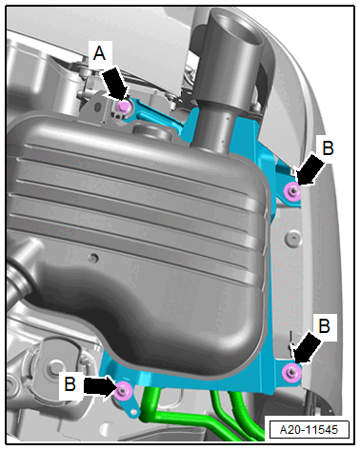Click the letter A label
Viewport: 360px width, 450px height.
click(x=99, y=53)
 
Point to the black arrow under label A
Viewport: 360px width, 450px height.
click(x=115, y=83)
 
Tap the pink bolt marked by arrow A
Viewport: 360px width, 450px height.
click(x=122, y=108)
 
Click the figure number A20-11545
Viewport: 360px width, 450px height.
click(x=309, y=429)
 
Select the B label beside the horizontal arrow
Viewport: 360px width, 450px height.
click(x=70, y=383)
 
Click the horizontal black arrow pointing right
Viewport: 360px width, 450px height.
click(x=99, y=386)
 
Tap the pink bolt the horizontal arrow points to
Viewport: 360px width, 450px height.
click(x=123, y=391)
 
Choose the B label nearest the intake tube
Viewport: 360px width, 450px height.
click(x=328, y=148)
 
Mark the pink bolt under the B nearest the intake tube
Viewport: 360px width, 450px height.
click(x=292, y=191)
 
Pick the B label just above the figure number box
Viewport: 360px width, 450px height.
click(x=324, y=326)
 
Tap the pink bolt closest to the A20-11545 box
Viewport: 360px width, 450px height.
click(x=291, y=372)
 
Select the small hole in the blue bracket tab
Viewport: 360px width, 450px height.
click(x=133, y=412)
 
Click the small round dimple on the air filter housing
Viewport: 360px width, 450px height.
click(x=93, y=258)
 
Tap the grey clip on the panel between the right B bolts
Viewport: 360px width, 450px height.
click(x=292, y=239)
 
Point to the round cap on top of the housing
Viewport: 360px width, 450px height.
click(x=150, y=131)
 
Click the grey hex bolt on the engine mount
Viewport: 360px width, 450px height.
click(x=55, y=369)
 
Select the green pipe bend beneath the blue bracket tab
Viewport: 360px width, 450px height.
click(x=149, y=412)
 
